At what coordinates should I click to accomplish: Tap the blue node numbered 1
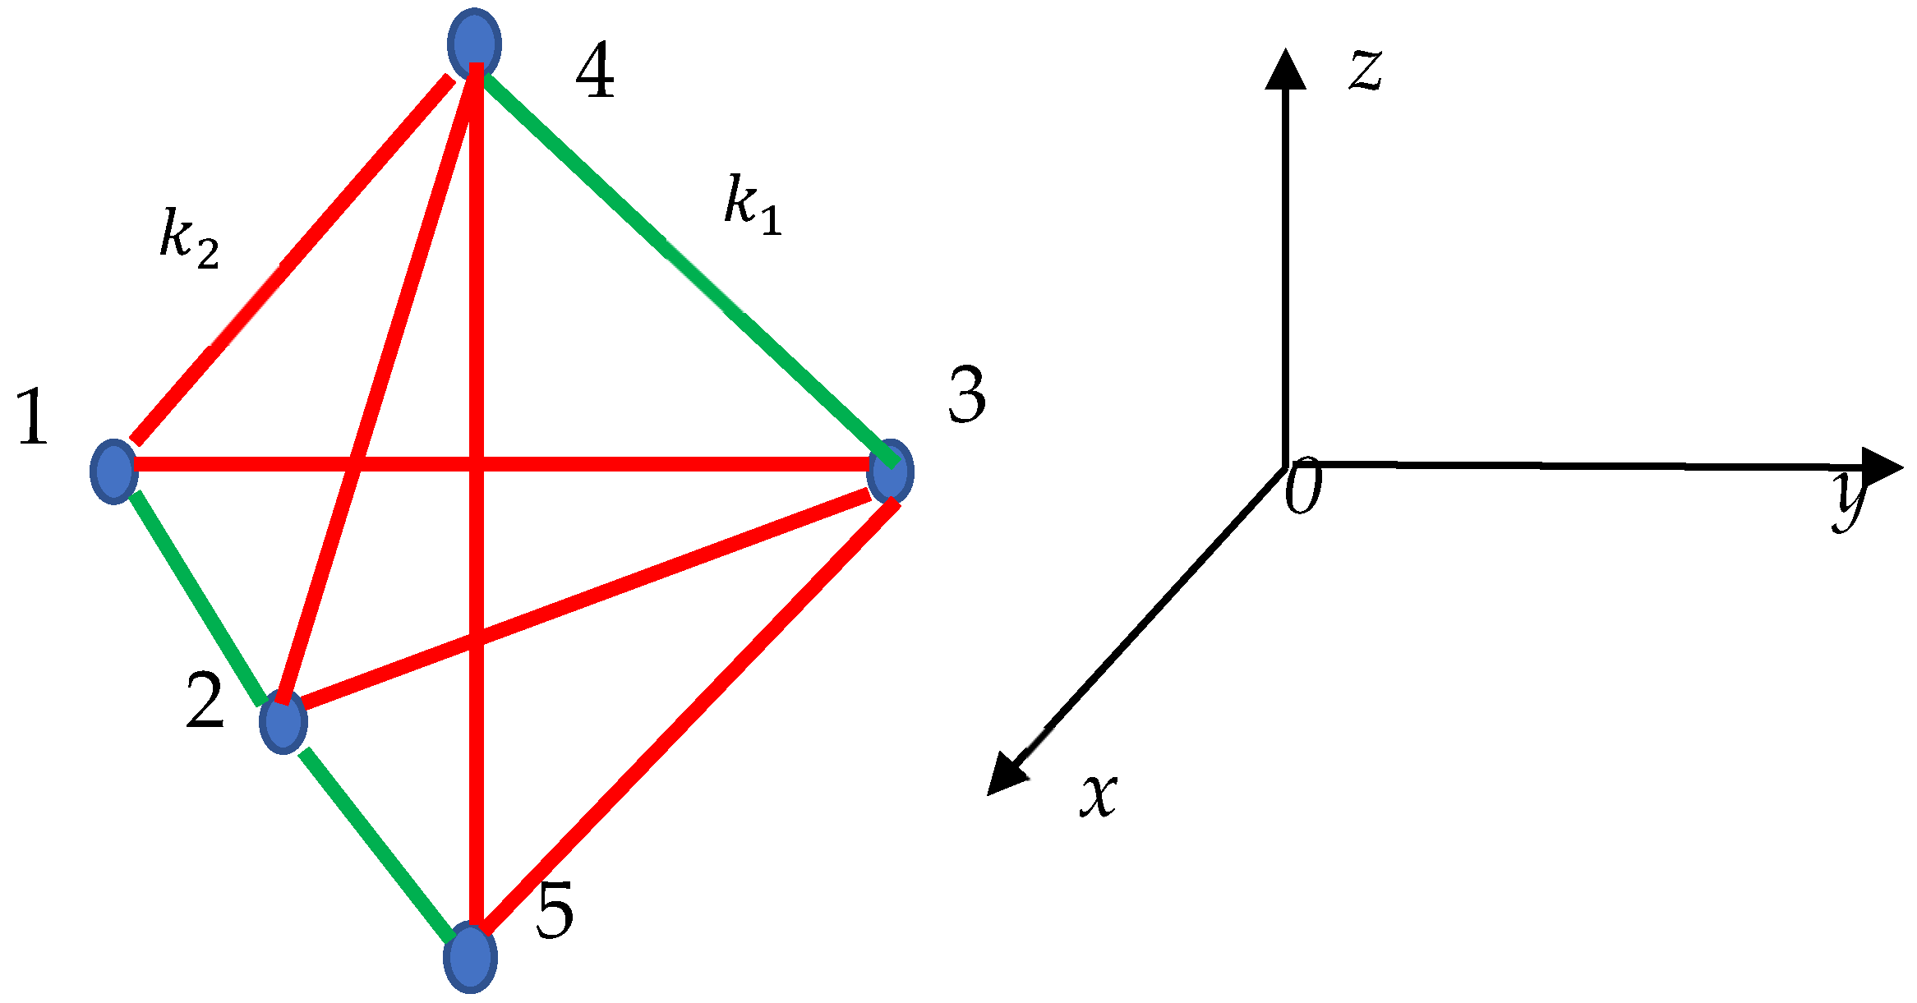pos(113,471)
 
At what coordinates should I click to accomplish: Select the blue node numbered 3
pos(891,471)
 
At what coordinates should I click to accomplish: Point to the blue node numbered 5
pos(470,957)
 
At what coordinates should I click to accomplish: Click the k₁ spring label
pos(752,205)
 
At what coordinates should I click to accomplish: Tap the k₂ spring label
pos(188,239)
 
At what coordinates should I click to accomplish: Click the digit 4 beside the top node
pos(595,72)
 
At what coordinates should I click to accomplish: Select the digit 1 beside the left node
pos(33,416)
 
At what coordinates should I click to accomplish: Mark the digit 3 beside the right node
pos(967,396)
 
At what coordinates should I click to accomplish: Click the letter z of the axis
pos(1365,69)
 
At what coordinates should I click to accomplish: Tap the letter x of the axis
pos(1099,794)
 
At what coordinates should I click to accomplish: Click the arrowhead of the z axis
pos(1285,70)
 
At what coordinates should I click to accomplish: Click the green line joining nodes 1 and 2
pos(198,598)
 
